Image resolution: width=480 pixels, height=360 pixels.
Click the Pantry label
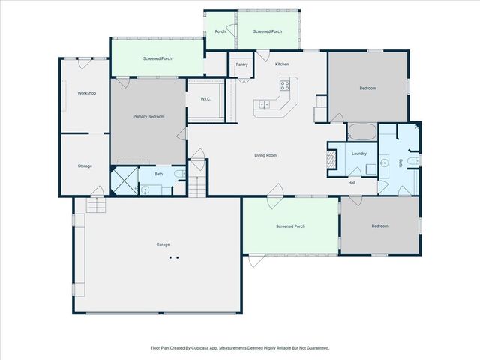point(241,64)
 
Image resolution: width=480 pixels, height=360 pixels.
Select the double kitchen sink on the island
point(265,103)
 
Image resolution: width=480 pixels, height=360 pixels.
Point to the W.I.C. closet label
point(205,100)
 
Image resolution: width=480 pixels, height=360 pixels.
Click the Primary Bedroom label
point(148,117)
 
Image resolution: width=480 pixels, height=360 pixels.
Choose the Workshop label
point(87,93)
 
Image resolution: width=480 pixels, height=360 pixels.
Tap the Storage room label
point(85,166)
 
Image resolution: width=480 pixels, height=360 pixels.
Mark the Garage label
point(163,244)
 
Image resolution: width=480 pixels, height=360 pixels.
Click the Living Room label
point(265,155)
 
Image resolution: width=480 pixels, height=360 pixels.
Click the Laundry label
point(358,154)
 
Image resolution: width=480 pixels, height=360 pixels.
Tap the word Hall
point(352,182)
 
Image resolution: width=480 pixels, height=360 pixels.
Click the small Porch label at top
point(220,31)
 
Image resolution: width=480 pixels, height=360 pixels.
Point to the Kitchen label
point(282,64)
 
